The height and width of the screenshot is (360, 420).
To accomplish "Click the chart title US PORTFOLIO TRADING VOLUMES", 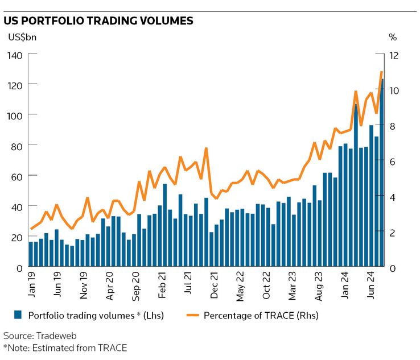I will pyautogui.click(x=98, y=21).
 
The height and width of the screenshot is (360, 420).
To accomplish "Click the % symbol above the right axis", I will pyautogui.click(x=392, y=38).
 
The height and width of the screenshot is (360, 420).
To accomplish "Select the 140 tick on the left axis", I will pyautogui.click(x=14, y=55).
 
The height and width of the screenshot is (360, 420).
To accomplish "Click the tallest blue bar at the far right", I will pyautogui.click(x=382, y=171).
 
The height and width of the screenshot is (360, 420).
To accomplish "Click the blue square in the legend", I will pyautogui.click(x=17, y=315).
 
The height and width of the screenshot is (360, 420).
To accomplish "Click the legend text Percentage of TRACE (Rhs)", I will pyautogui.click(x=261, y=315).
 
